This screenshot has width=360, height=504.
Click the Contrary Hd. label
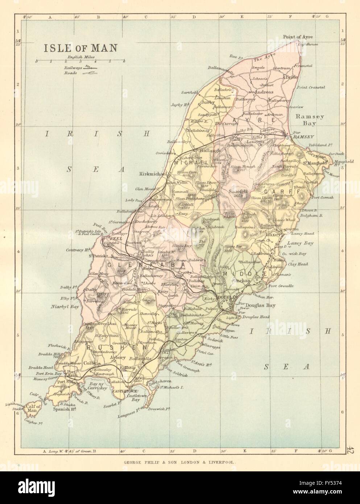(78, 251)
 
